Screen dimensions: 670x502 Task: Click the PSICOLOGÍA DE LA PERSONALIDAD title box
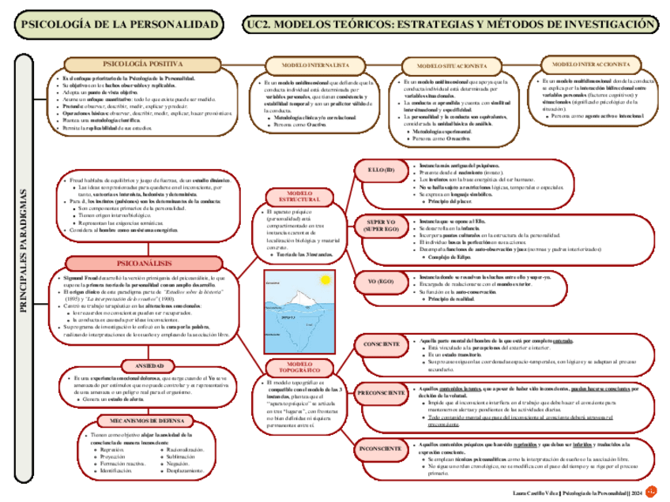[121, 25]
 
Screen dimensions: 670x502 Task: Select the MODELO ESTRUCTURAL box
[299, 197]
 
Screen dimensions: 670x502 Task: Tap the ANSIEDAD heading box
[149, 367]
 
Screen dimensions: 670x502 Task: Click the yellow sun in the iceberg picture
[322, 279]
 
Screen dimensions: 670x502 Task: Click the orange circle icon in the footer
[652, 492]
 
